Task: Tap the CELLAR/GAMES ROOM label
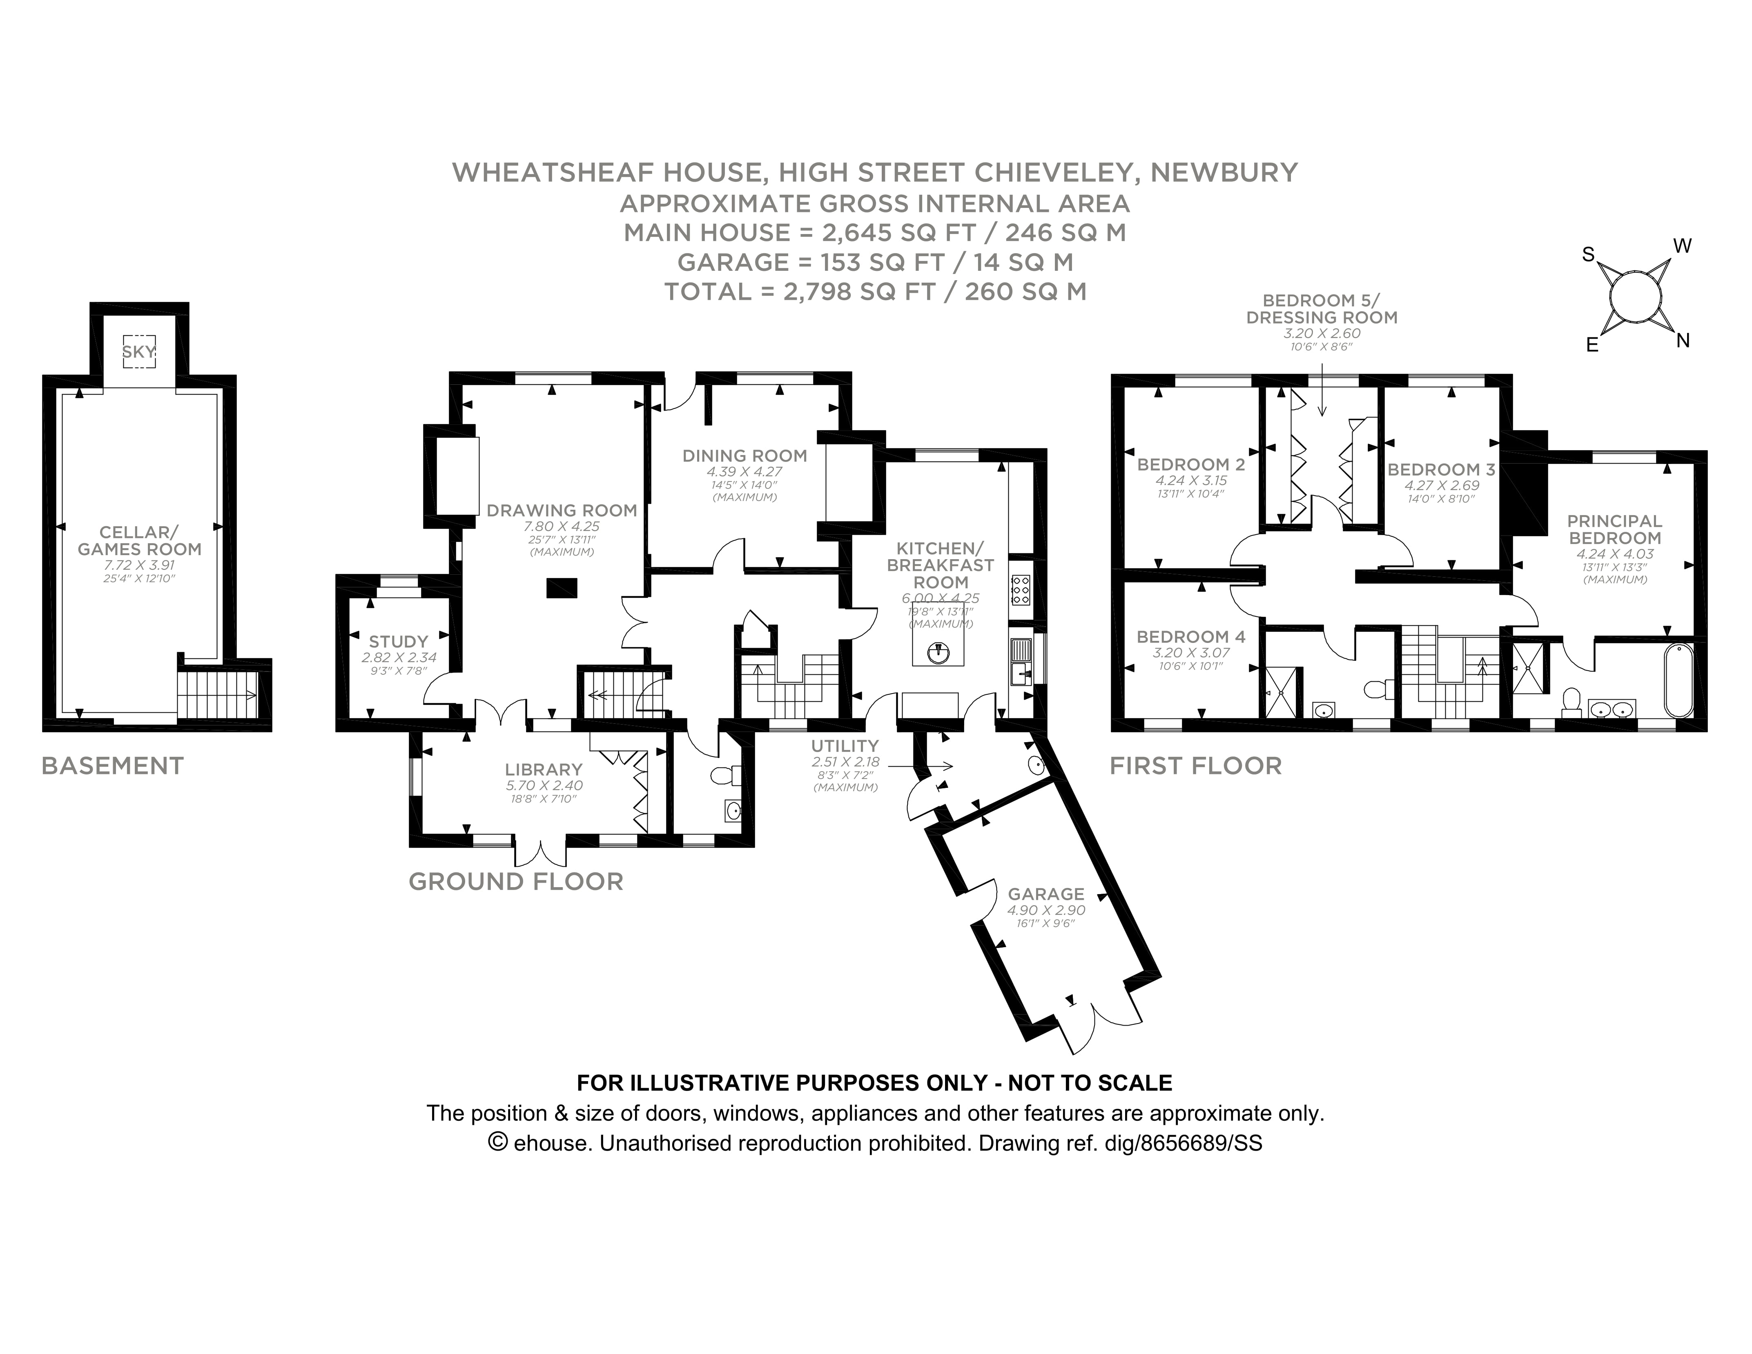tap(140, 541)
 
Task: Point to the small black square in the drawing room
tap(562, 588)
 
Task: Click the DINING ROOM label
tap(744, 455)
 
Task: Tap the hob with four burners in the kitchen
tap(1021, 589)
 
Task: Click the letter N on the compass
tap(1683, 341)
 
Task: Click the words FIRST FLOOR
tap(1195, 766)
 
